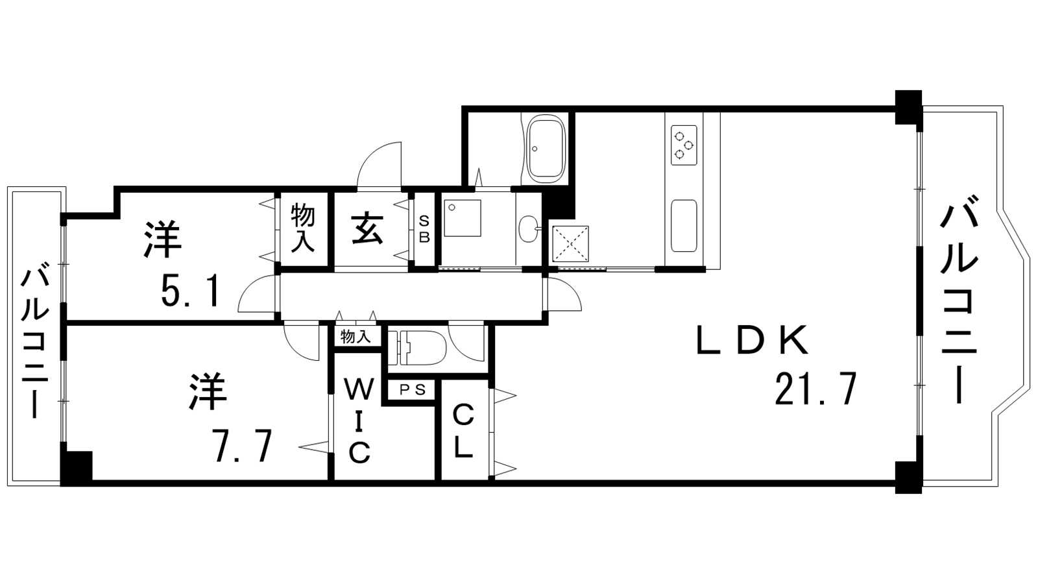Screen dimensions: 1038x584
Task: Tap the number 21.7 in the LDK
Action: (815, 389)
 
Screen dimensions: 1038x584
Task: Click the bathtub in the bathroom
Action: (546, 149)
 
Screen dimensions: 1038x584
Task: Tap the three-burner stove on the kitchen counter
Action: (684, 145)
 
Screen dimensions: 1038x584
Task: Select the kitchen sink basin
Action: (684, 226)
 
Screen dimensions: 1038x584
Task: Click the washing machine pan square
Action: (463, 218)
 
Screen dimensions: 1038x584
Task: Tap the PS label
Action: (412, 390)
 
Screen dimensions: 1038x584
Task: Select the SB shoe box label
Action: (424, 228)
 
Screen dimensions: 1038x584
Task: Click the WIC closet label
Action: (359, 421)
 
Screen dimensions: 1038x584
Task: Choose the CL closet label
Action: (463, 431)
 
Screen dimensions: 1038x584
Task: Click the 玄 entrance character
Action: (367, 228)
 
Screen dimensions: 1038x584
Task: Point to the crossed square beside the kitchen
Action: (570, 245)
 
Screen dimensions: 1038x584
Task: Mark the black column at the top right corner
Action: (908, 107)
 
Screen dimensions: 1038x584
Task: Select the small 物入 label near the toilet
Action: (356, 337)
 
